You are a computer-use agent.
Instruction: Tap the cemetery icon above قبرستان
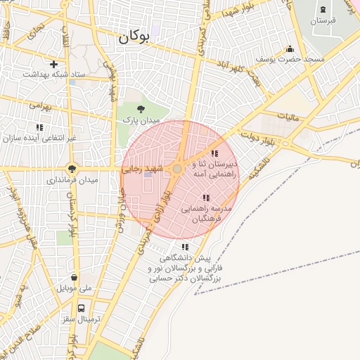click(x=323, y=9)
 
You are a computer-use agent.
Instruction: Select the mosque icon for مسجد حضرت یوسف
click(x=290, y=49)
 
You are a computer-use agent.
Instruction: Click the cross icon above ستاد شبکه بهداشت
click(x=54, y=64)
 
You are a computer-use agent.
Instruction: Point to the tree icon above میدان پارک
click(x=141, y=109)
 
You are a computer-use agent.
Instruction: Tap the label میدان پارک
click(x=141, y=121)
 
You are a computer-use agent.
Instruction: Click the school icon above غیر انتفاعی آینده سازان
click(x=39, y=127)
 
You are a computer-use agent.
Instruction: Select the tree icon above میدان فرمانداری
click(x=72, y=168)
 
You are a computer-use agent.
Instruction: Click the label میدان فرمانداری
click(x=72, y=180)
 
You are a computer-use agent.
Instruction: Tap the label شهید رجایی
click(x=143, y=169)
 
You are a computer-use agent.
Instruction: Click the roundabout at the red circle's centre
click(x=178, y=169)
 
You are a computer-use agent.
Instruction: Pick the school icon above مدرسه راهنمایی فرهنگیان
click(x=206, y=198)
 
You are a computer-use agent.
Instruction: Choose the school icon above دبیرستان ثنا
click(x=215, y=153)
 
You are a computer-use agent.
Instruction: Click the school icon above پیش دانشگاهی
click(x=185, y=247)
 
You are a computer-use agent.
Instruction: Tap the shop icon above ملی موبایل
click(x=74, y=277)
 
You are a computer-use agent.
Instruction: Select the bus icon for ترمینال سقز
click(x=82, y=307)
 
